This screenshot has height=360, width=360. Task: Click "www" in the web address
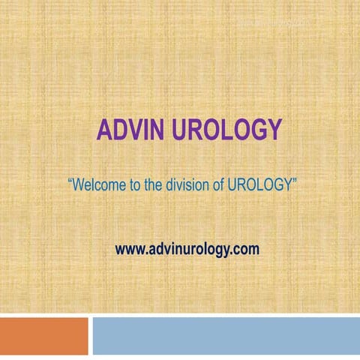pyautogui.click(x=128, y=248)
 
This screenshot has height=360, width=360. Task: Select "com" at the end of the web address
pyautogui.click(x=247, y=248)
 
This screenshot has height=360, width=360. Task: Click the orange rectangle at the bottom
pyautogui.click(x=43, y=334)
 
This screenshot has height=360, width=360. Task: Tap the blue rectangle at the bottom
pyautogui.click(x=225, y=334)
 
